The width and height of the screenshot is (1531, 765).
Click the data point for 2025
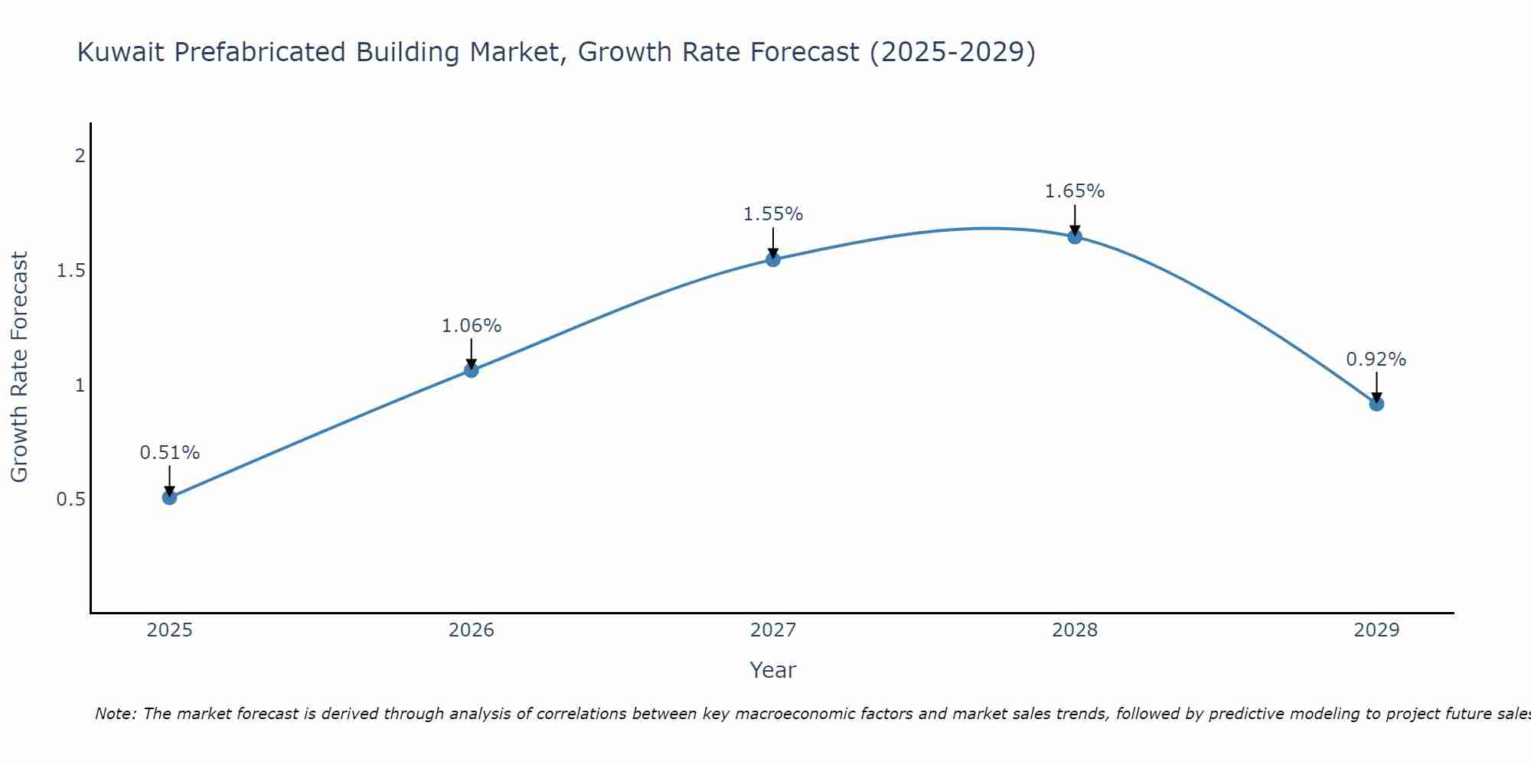170,497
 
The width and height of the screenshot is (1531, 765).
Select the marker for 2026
472,370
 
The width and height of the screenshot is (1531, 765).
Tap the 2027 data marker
773,259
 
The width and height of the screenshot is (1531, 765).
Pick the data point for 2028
1075,236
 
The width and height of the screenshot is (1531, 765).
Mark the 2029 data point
1376,403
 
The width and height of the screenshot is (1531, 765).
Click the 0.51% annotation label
170,453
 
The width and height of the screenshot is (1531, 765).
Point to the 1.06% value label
472,326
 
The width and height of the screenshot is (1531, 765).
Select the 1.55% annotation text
773,214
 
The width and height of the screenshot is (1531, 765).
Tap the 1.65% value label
1075,191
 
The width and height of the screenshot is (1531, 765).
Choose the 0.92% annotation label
1376,360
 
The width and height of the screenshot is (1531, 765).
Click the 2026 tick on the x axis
472,630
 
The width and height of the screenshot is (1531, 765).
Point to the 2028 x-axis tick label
1075,630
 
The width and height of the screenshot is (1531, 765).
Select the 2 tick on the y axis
80,156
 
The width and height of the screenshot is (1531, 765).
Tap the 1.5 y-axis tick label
71,271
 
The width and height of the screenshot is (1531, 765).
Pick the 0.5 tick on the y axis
71,500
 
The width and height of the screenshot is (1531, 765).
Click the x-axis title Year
773,670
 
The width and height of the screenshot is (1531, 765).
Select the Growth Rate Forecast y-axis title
20,367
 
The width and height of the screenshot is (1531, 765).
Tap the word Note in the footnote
115,714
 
